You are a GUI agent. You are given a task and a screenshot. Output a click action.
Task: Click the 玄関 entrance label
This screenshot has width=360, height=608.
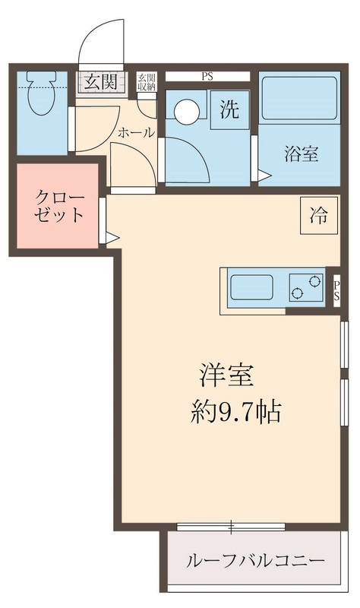[x=101, y=82]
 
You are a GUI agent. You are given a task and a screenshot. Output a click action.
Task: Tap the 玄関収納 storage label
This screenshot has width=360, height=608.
[x=147, y=82]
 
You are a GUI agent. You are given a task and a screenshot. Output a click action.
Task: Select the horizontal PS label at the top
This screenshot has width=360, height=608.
[x=207, y=77]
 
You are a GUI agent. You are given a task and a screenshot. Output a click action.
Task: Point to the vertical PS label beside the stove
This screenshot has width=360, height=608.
[x=336, y=290]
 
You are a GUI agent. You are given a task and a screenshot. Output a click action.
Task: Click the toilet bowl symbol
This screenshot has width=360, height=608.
[x=41, y=93]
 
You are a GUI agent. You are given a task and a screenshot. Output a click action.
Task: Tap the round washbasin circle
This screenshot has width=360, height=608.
[x=187, y=111]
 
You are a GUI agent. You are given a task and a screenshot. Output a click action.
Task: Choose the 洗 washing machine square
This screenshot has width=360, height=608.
[x=230, y=110]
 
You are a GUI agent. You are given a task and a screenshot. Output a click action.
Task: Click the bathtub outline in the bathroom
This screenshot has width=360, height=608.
[x=299, y=98]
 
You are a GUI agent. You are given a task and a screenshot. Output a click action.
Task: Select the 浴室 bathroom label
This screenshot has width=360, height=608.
[x=301, y=154]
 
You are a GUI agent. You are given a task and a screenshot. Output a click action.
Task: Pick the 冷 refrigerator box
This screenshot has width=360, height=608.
[x=319, y=215]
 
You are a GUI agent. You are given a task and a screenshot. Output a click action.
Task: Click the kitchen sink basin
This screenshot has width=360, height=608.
[x=252, y=287]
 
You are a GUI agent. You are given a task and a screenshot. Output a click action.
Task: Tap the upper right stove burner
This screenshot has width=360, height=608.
[x=315, y=280]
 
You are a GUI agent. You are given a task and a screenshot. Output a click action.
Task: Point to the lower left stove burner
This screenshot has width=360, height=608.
[x=298, y=294]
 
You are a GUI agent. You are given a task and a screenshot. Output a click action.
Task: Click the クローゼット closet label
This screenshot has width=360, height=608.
[x=59, y=205]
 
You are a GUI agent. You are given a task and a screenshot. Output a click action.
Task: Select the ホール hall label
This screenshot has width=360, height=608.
[x=136, y=133]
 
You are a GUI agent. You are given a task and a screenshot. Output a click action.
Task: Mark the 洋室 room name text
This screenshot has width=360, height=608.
[x=226, y=375]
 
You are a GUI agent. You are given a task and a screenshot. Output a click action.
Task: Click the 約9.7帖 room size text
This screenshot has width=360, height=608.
[x=235, y=411]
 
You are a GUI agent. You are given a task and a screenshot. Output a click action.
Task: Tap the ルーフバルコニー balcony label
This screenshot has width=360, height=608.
[x=255, y=561]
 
